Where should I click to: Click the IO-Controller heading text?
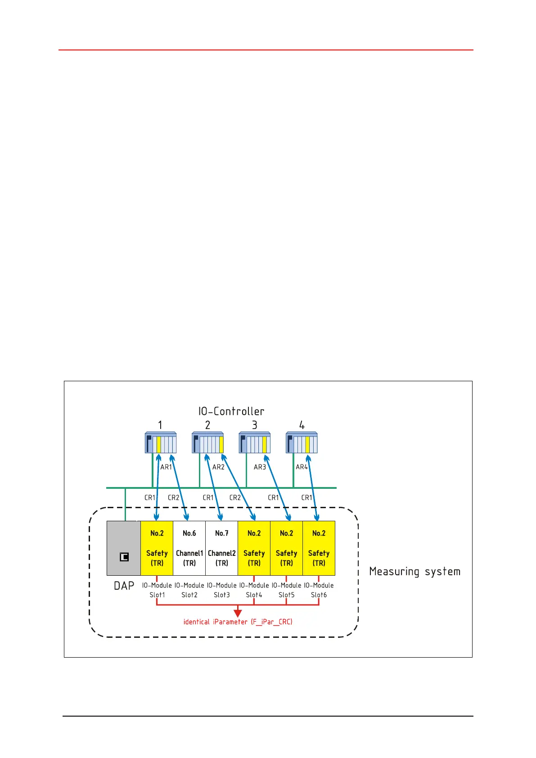(x=231, y=411)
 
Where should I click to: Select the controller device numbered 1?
(x=161, y=442)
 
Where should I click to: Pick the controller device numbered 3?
(x=254, y=442)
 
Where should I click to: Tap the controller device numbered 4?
(x=302, y=442)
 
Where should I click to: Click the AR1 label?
(x=166, y=467)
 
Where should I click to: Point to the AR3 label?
(x=260, y=467)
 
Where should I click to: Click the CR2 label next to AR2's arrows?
(x=235, y=497)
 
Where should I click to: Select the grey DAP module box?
(x=123, y=548)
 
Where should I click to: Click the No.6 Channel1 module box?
(x=189, y=548)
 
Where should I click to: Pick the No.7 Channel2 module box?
(x=221, y=548)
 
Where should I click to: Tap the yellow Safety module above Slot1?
(x=157, y=548)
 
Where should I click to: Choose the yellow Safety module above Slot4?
(x=254, y=548)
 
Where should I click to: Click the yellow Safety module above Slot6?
(x=319, y=548)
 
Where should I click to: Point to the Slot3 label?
(x=221, y=595)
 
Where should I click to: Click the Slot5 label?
(x=286, y=595)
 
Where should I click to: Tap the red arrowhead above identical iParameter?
(x=238, y=613)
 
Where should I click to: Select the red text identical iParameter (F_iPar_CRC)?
(x=238, y=622)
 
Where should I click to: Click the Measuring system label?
(x=414, y=571)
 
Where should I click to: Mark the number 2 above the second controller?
(x=207, y=425)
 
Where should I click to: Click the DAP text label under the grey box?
(x=124, y=586)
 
